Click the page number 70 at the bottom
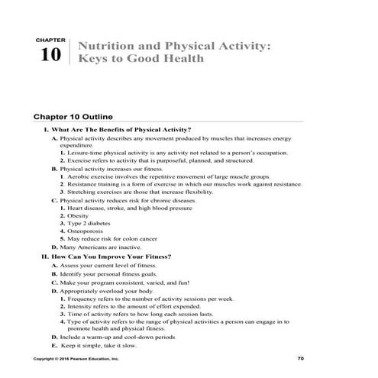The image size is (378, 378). coord(300,357)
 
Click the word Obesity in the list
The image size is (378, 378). coord(80,215)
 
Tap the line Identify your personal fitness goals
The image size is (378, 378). coord(121,273)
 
